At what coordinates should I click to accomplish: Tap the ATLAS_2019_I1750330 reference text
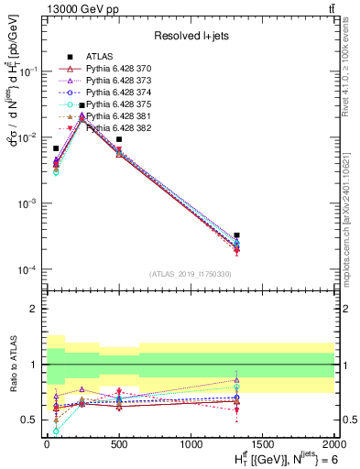click(x=190, y=274)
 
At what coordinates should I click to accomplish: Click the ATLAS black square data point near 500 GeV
click(x=119, y=139)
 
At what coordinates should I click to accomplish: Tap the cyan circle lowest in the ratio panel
click(x=56, y=431)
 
